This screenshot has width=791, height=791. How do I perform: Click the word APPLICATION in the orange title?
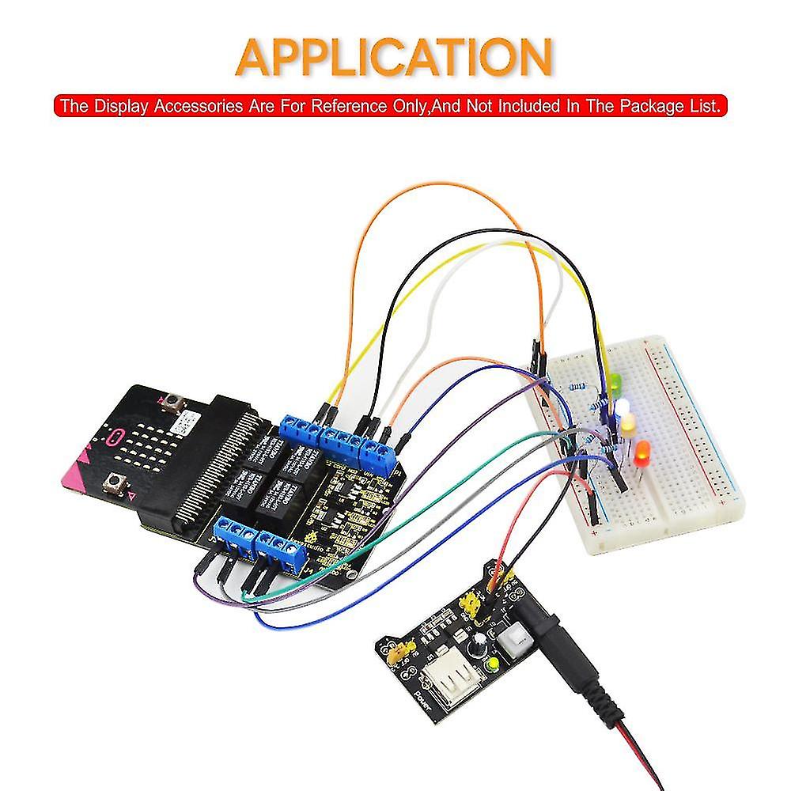[x=394, y=58]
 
